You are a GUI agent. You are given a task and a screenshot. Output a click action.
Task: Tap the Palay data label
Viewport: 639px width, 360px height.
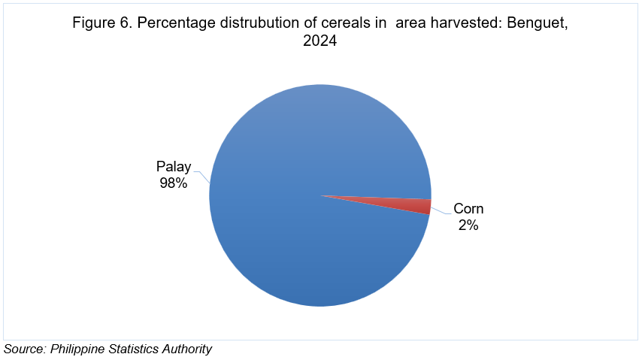[x=174, y=167]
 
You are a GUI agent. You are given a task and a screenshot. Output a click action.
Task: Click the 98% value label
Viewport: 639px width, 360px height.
[x=174, y=183]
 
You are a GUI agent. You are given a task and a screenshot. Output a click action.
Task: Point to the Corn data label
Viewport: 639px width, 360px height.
[x=468, y=208]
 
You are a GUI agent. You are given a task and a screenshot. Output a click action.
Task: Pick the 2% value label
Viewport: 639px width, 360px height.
[x=468, y=225]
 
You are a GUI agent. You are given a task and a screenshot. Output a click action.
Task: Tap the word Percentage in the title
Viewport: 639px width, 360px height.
[x=176, y=23]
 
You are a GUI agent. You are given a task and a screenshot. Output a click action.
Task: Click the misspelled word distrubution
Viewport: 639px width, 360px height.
[x=259, y=23]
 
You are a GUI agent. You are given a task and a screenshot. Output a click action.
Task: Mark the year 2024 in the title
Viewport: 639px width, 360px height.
[x=320, y=41]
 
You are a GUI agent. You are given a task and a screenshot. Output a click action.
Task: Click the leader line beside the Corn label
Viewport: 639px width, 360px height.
[x=441, y=211]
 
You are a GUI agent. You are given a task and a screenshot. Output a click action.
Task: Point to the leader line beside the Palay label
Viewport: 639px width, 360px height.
[x=203, y=177]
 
